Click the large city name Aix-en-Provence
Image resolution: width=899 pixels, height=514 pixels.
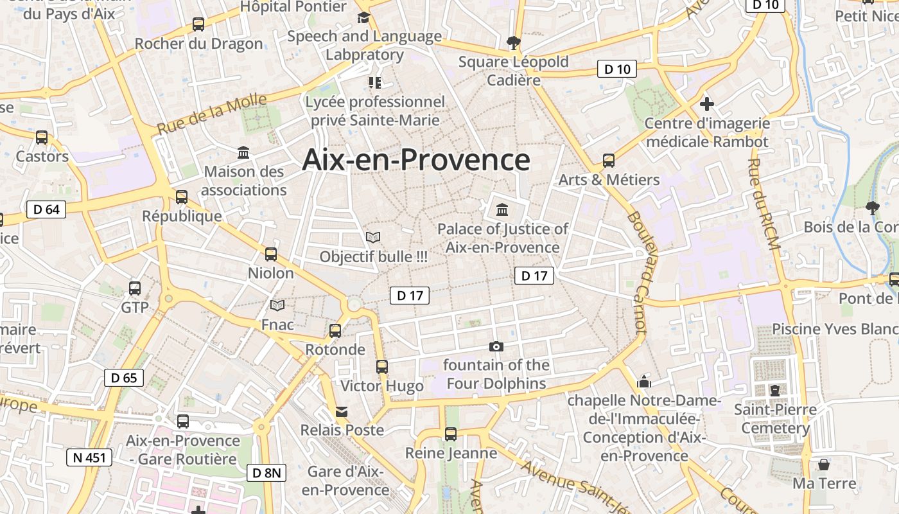pyautogui.click(x=416, y=160)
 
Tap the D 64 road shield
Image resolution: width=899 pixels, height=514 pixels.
pyautogui.click(x=46, y=209)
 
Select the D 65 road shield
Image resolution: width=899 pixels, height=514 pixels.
pyautogui.click(x=124, y=378)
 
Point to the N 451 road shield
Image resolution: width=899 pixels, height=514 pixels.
pyautogui.click(x=89, y=457)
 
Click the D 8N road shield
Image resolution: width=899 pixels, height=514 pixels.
pyautogui.click(x=266, y=473)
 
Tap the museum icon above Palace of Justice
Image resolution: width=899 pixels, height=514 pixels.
pyautogui.click(x=502, y=209)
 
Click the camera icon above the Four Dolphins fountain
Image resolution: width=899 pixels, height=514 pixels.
pyautogui.click(x=496, y=347)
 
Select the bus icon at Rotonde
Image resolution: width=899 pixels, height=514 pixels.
pyautogui.click(x=335, y=331)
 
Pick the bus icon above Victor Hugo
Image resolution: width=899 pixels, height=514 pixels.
pyautogui.click(x=382, y=367)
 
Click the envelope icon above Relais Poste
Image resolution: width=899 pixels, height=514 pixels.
pyautogui.click(x=342, y=411)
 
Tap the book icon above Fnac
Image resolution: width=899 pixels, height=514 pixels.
pyautogui.click(x=277, y=306)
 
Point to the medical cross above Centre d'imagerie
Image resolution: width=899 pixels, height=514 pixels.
pyautogui.click(x=707, y=103)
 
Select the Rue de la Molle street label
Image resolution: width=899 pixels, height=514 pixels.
pyautogui.click(x=212, y=114)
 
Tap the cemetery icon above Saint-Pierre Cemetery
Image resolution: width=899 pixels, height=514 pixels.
pyautogui.click(x=775, y=390)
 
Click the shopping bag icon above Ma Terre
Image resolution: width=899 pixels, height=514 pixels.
pyautogui.click(x=824, y=464)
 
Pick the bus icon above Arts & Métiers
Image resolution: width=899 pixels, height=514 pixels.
pyautogui.click(x=609, y=161)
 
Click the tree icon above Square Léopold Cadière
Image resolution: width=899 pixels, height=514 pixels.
pyautogui.click(x=513, y=43)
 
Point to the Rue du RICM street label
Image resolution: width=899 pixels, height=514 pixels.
pyautogui.click(x=764, y=206)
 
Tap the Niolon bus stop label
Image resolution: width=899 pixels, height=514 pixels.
pyautogui.click(x=271, y=273)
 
